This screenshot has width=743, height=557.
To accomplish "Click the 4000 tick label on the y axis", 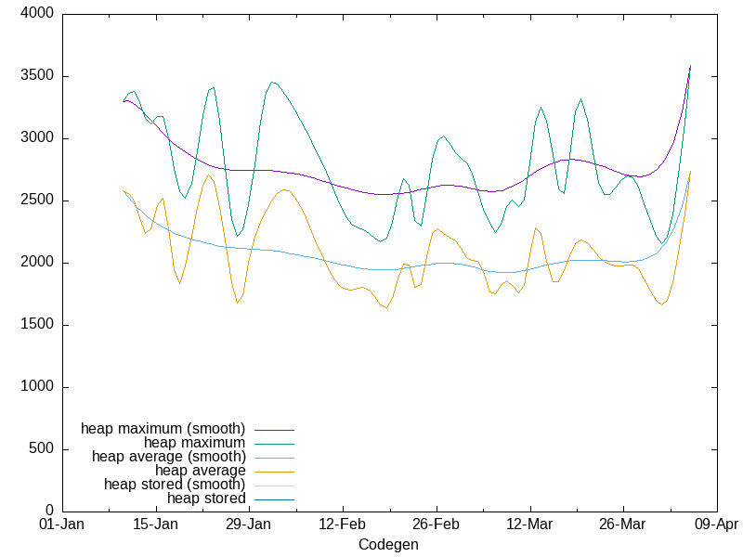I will [37, 15].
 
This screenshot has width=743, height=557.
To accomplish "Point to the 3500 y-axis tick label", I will [37, 76].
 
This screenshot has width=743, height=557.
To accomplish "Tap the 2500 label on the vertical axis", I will [37, 201].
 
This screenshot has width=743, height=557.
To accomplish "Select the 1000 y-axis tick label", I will [37, 387].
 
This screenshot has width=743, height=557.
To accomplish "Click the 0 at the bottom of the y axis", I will [49, 512].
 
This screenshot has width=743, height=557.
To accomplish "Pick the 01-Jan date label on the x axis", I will [61, 525].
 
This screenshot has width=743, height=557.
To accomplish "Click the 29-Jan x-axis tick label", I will [248, 525].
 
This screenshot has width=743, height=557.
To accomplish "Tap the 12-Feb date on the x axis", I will [342, 525].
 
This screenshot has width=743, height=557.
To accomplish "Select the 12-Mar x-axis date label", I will [529, 525].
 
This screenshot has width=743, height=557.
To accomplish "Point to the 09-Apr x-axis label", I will [716, 525].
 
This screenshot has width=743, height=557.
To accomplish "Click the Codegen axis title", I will [388, 545].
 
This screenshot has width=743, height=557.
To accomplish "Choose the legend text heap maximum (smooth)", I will [163, 429].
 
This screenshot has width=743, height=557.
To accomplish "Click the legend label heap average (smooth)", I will [168, 457].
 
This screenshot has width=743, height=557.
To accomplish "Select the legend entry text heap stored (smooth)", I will [175, 485].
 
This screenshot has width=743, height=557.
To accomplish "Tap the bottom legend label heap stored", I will [206, 499].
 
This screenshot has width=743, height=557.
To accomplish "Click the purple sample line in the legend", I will [273, 430].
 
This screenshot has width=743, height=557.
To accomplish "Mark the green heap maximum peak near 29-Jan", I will [271, 82].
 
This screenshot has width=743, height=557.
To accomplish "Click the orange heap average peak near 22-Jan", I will [209, 175].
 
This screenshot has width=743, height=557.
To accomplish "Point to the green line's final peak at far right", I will [690, 66].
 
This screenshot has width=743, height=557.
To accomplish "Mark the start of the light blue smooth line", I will [124, 191].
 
